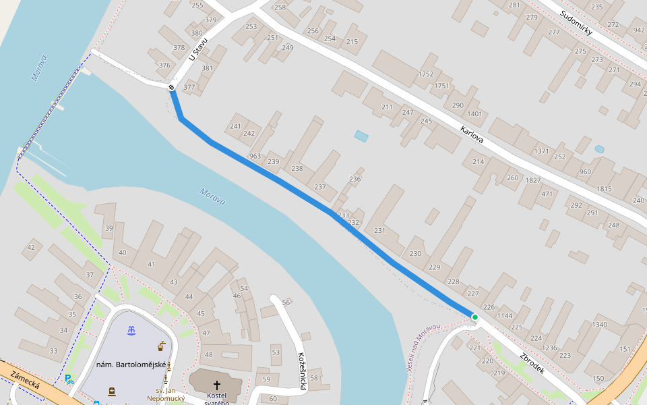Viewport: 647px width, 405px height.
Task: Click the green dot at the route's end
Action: pyautogui.click(x=475, y=317)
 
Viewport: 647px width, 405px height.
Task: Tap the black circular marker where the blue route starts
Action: pyautogui.click(x=172, y=87)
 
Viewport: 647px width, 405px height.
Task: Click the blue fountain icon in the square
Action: pyautogui.click(x=132, y=330)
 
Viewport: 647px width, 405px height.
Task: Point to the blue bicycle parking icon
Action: pyautogui.click(x=69, y=379)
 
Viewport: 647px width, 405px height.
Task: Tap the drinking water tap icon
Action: pyautogui.click(x=161, y=347)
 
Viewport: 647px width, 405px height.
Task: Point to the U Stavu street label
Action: pyautogui.click(x=198, y=49)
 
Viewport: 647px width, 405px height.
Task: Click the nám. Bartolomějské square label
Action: pyautogui.click(x=131, y=365)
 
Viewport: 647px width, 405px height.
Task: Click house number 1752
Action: pyautogui.click(x=425, y=74)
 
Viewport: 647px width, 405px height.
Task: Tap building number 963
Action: pyautogui.click(x=255, y=156)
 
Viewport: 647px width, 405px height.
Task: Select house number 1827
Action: pyautogui.click(x=533, y=180)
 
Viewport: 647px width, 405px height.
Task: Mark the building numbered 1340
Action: pyautogui.click(x=599, y=325)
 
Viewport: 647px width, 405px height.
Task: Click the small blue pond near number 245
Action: pyautogui.click(x=361, y=136)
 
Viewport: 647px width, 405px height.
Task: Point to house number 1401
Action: pyautogui.click(x=474, y=114)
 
